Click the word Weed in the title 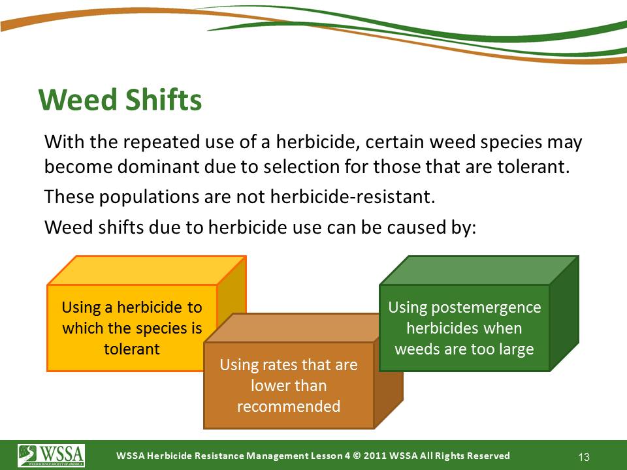(x=79, y=99)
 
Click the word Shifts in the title (x=164, y=99)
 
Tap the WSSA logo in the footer (x=51, y=455)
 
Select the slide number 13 (x=584, y=457)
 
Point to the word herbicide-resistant (x=352, y=196)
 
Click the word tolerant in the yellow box (x=131, y=349)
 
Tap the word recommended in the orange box (x=289, y=406)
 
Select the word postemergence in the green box (x=486, y=308)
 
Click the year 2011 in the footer (x=375, y=456)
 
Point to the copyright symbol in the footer (x=357, y=456)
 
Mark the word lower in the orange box (x=267, y=386)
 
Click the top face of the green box (x=479, y=270)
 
